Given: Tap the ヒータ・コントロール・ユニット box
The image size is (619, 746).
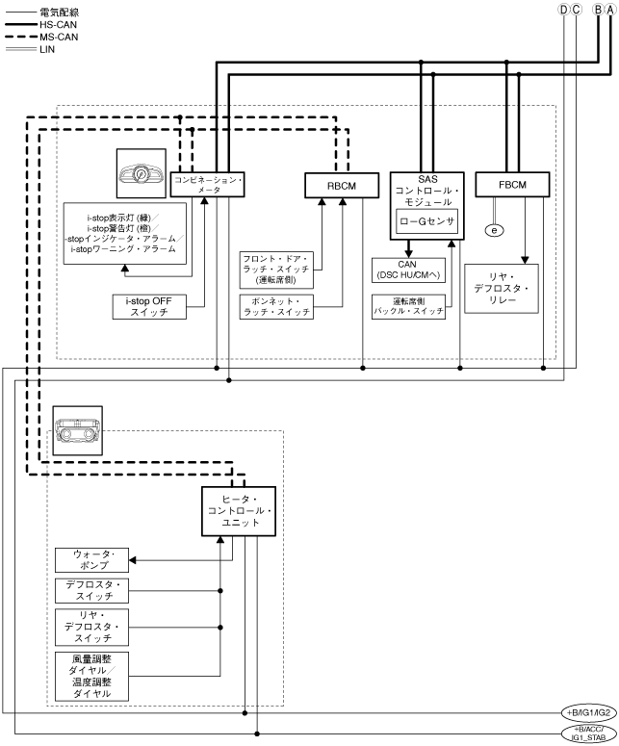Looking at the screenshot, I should (x=240, y=509).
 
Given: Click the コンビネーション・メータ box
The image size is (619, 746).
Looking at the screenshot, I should (x=209, y=185).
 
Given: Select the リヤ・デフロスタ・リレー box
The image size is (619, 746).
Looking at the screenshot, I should (x=502, y=288).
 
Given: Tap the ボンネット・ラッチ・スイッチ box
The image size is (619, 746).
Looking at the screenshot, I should (x=276, y=307).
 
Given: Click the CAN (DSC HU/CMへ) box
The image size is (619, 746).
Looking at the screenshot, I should (x=408, y=270).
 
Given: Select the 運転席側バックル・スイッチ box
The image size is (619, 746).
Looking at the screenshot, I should (x=408, y=307).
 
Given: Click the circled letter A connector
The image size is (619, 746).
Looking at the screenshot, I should (x=608, y=10).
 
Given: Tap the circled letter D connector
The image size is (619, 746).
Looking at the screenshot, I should (x=564, y=10).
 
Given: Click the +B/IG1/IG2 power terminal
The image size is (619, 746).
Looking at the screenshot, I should (x=588, y=712).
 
